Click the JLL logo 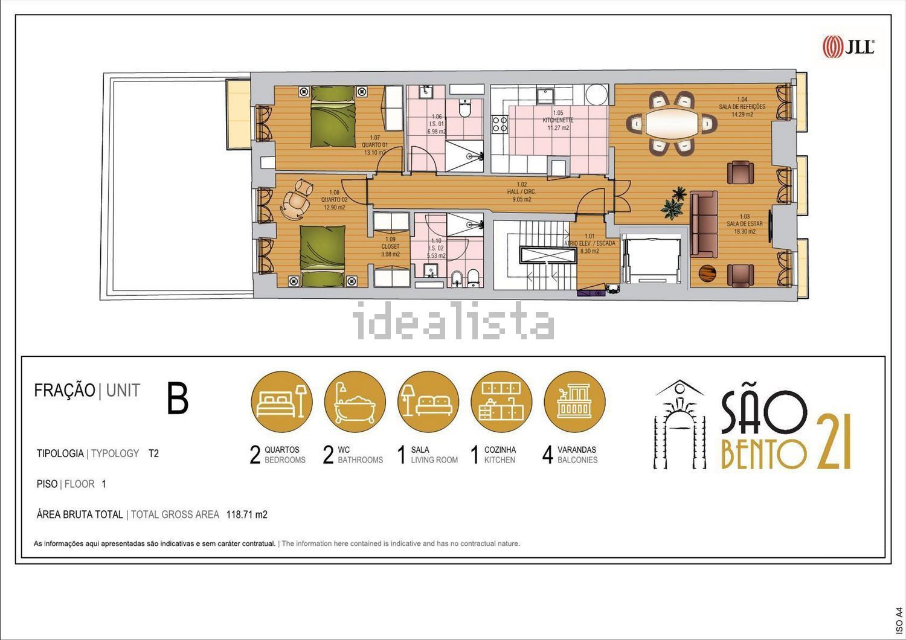(x=848, y=46)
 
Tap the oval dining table (x=670, y=124)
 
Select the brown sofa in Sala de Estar (x=702, y=224)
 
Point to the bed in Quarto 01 (x=332, y=117)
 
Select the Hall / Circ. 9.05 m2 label (x=521, y=192)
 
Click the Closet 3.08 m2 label (x=390, y=246)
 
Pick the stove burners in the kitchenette (x=500, y=124)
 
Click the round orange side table (x=707, y=273)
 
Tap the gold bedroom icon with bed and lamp (x=281, y=402)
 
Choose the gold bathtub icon (x=355, y=402)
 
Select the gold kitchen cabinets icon (x=501, y=402)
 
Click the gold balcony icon (x=574, y=402)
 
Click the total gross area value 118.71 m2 (x=246, y=515)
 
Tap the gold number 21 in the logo (x=833, y=442)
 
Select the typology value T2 (x=153, y=453)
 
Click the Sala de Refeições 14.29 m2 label (x=742, y=107)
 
